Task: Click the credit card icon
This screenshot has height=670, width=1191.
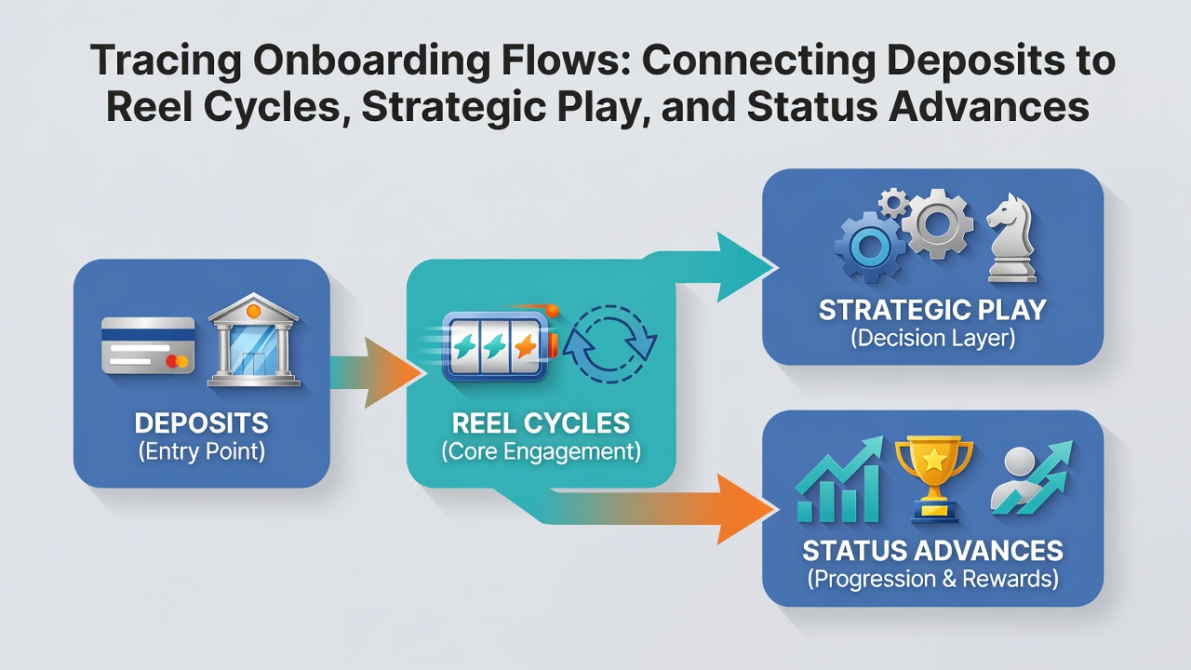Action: click(148, 345)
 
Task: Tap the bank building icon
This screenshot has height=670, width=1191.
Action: click(254, 340)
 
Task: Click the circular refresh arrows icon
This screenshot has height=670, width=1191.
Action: click(609, 343)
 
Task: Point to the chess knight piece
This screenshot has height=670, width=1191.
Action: click(1011, 237)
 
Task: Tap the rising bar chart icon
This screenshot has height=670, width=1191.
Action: click(838, 480)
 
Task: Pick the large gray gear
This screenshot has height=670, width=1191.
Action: click(937, 223)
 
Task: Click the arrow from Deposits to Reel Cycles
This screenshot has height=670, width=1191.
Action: click(375, 373)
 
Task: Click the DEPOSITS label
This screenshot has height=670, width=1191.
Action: click(202, 423)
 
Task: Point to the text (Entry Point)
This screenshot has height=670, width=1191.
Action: click(202, 451)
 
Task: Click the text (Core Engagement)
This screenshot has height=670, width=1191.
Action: click(542, 451)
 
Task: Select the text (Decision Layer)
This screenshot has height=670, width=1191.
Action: click(932, 338)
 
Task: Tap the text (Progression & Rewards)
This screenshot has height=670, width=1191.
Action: click(932, 578)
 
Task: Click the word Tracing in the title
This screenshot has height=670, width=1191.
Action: click(166, 60)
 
